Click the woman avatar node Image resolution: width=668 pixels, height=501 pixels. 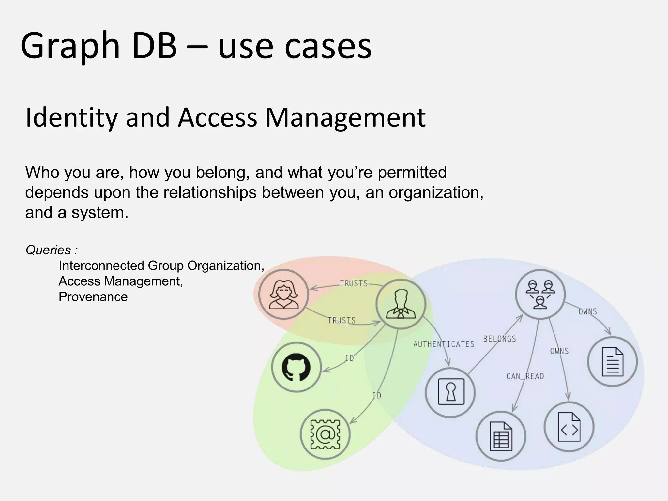pyautogui.click(x=283, y=294)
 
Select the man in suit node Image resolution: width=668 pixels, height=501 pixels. pyautogui.click(x=401, y=304)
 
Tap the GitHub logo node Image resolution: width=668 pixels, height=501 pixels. pyautogui.click(x=296, y=367)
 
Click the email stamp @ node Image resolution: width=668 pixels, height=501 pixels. pyautogui.click(x=325, y=434)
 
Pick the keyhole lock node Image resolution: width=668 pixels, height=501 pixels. pyautogui.click(x=450, y=392)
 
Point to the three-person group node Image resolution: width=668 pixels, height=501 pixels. pyautogui.click(x=540, y=294)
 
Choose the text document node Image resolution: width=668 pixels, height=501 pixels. pyautogui.click(x=612, y=361)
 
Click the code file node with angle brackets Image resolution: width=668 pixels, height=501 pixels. pyautogui.click(x=569, y=427)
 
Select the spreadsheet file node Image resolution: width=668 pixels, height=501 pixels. pyautogui.click(x=501, y=436)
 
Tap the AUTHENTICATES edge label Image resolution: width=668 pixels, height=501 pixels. pyautogui.click(x=444, y=344)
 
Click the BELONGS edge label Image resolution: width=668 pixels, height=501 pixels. pyautogui.click(x=500, y=339)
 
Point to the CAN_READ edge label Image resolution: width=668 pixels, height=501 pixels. pyautogui.click(x=525, y=376)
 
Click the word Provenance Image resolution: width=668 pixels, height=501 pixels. pyautogui.click(x=93, y=297)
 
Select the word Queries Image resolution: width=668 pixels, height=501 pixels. pyautogui.click(x=48, y=250)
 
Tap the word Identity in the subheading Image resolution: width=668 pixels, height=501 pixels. pyautogui.click(x=71, y=118)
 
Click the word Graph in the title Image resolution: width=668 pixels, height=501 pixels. pyautogui.click(x=70, y=46)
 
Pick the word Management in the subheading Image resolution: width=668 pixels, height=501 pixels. pyautogui.click(x=345, y=118)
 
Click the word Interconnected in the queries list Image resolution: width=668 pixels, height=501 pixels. pyautogui.click(x=102, y=266)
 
